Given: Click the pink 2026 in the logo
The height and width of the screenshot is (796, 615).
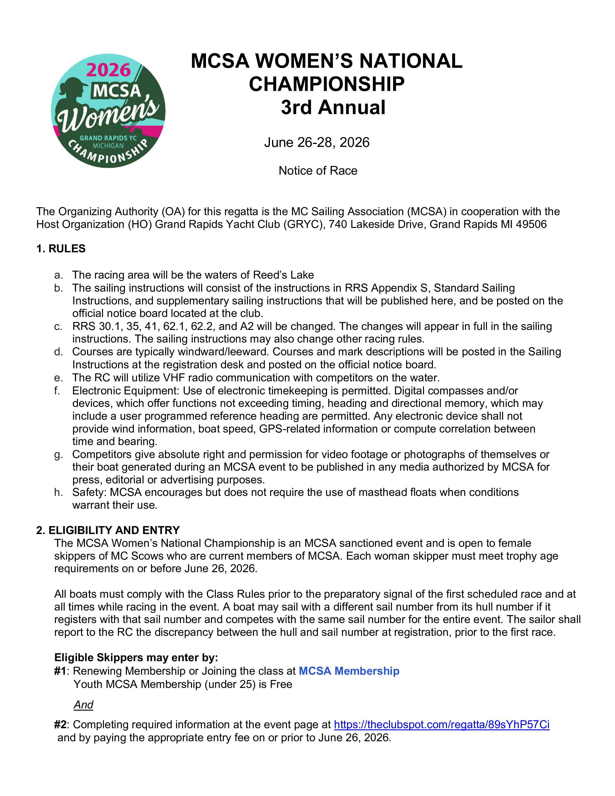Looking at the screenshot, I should (x=108, y=70).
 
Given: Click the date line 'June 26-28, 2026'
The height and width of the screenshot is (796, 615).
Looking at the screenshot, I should (x=317, y=142).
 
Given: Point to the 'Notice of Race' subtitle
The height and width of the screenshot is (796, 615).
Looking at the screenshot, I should (x=318, y=171).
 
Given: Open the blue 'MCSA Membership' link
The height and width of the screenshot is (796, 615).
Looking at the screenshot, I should (x=349, y=671).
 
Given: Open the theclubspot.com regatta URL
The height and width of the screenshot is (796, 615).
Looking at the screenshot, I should (x=442, y=725).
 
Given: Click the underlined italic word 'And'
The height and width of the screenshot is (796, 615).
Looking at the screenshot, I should (x=83, y=705).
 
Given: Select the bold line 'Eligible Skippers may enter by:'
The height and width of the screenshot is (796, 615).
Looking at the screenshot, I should (x=136, y=658).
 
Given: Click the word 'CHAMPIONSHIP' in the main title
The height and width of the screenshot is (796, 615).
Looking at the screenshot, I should (x=327, y=84).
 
